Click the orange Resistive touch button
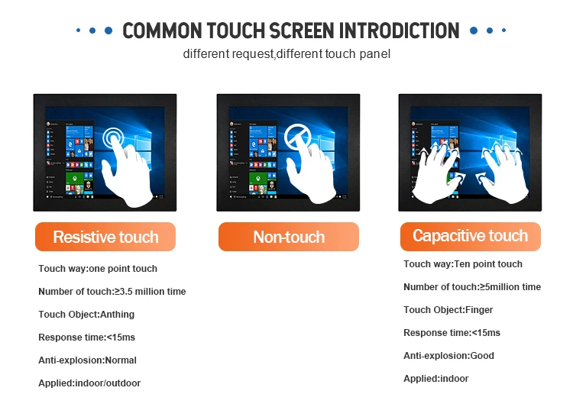tap(105, 237)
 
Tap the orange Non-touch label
tap(289, 237)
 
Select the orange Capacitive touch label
tap(471, 237)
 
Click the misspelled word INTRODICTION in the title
tap(400, 31)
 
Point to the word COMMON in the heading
tap(162, 31)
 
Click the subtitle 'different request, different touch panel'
tap(286, 53)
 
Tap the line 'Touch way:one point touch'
tap(98, 269)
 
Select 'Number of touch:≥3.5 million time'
tap(112, 292)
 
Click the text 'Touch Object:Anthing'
tap(86, 315)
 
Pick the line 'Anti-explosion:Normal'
tap(87, 360)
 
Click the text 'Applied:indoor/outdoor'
tap(89, 383)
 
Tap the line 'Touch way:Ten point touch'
tap(463, 264)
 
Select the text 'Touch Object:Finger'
tap(448, 310)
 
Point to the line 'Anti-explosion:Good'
tap(448, 356)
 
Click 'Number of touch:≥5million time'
tap(472, 287)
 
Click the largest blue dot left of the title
tap(108, 31)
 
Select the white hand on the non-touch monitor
tap(312, 172)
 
